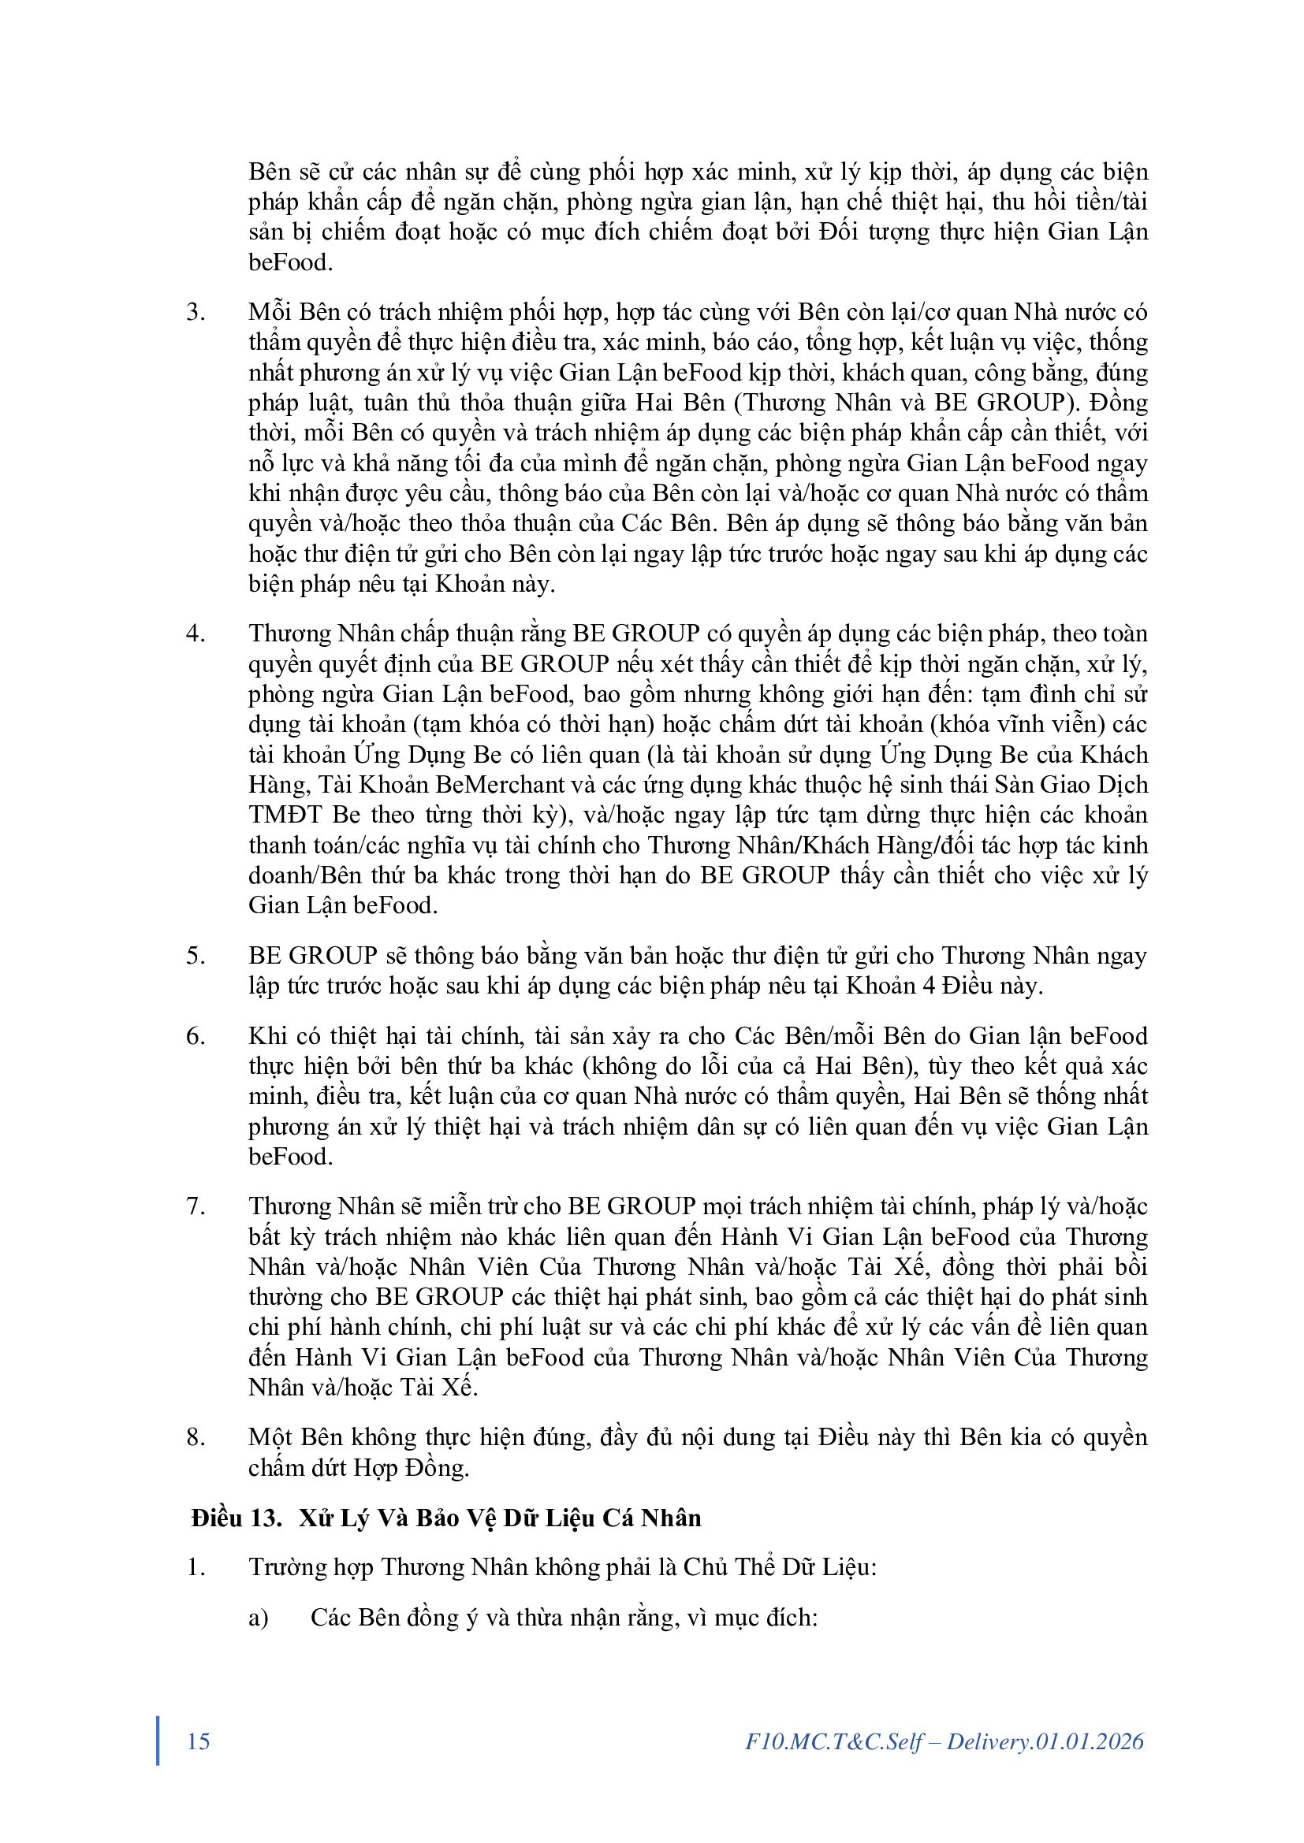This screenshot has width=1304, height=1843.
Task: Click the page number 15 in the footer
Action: (199, 1741)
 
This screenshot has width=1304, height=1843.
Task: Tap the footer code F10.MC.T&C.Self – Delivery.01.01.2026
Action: (944, 1741)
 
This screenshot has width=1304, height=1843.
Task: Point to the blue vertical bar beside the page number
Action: (158, 1741)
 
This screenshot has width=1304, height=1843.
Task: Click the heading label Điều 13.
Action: (236, 1518)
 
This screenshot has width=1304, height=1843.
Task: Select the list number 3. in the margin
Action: (195, 311)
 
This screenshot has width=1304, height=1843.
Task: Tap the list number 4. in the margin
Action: (195, 634)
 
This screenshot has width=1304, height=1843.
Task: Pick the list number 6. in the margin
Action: (195, 1035)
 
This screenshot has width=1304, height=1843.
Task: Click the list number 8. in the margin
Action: (195, 1437)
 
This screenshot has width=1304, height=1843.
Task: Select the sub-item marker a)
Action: (259, 1618)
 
